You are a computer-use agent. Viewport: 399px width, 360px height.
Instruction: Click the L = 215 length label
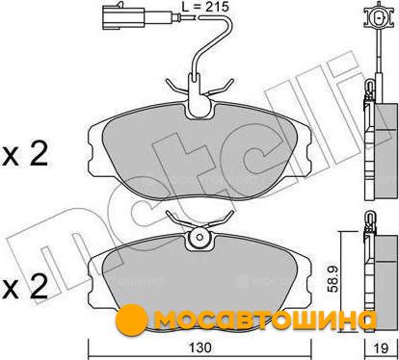click(205, 6)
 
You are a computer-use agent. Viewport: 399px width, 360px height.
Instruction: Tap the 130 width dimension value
click(199, 347)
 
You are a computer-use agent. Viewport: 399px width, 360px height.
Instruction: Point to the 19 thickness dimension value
click(381, 347)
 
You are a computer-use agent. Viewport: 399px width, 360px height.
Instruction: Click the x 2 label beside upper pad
click(25, 153)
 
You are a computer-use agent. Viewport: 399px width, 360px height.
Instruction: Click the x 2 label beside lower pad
click(25, 286)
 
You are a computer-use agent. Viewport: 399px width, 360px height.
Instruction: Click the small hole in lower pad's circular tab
click(199, 238)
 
